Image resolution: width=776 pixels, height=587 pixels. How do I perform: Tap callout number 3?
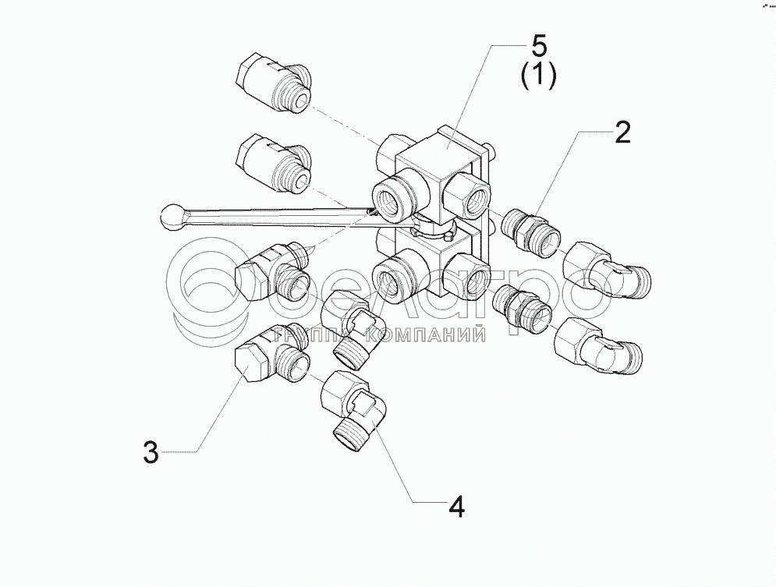(x=151, y=452)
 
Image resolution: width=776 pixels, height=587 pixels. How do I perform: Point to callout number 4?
(x=456, y=507)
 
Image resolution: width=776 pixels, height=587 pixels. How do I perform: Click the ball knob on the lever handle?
(x=171, y=216)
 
